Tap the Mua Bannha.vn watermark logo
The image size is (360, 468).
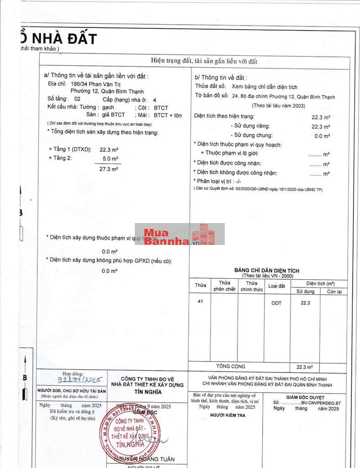pyautogui.click(x=180, y=234)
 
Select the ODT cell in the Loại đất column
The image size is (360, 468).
pyautogui.click(x=276, y=303)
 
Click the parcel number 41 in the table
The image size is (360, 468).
pyautogui.click(x=200, y=301)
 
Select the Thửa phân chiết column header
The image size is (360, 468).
pyautogui.click(x=224, y=286)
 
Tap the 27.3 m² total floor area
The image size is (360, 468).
pyautogui.click(x=109, y=169)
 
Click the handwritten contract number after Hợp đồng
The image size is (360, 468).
pyautogui.click(x=80, y=380)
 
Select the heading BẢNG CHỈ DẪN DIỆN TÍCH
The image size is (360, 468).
pyautogui.click(x=267, y=271)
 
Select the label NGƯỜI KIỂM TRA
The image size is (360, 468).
pyautogui.click(x=228, y=415)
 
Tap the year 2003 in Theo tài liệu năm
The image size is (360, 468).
pyautogui.click(x=297, y=106)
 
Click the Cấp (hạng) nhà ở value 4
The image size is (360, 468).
pyautogui.click(x=154, y=99)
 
